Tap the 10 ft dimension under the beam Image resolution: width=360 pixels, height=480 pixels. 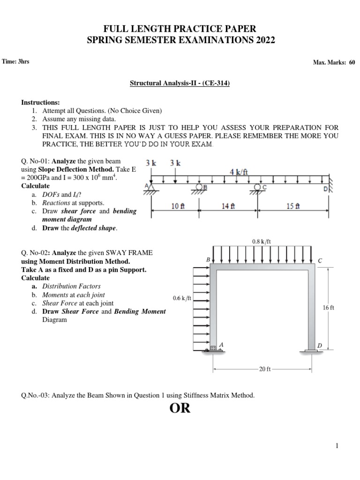[x=178, y=205]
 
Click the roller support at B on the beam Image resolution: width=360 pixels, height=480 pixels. [x=199, y=187]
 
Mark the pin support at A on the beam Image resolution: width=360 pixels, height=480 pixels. [x=151, y=187]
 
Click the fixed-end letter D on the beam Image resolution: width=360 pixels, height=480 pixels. [x=325, y=189]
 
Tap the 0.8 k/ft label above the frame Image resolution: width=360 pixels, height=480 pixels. [x=262, y=242]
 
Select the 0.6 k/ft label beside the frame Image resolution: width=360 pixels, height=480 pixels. [x=182, y=298]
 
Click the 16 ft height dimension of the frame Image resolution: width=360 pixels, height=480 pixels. [x=328, y=307]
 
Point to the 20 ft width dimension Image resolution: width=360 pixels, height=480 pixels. [x=265, y=369]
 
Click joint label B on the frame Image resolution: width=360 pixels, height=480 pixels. [x=208, y=259]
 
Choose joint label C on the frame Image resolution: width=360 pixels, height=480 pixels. [x=320, y=260]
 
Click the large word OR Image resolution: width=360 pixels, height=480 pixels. [x=180, y=408]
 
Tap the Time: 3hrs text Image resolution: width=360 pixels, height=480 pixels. [x=16, y=61]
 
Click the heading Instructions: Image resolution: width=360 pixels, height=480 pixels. [x=41, y=102]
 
